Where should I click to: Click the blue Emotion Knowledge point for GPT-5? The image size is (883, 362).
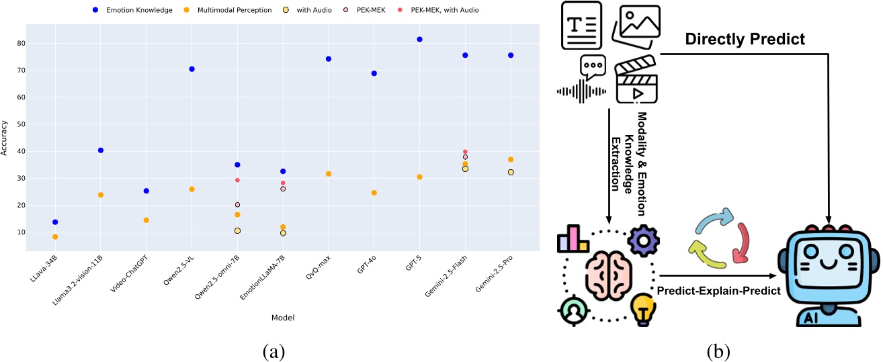click(x=419, y=40)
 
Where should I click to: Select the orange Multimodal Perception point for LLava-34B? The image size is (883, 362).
click(x=55, y=237)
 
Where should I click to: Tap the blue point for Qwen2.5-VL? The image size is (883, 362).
click(x=192, y=69)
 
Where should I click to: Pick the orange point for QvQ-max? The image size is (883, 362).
click(x=329, y=174)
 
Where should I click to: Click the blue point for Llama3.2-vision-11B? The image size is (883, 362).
click(x=101, y=150)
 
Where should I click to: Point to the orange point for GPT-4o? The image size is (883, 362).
click(x=374, y=193)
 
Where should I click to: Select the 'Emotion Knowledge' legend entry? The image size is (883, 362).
click(x=134, y=10)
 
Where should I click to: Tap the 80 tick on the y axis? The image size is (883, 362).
click(x=21, y=43)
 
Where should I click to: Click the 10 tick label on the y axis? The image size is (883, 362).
click(x=21, y=232)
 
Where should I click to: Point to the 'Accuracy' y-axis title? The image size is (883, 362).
click(x=5, y=138)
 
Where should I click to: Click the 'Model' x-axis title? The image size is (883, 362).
click(x=284, y=317)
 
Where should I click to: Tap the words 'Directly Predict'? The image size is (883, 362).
click(x=745, y=39)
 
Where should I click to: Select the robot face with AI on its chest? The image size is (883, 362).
click(x=828, y=274)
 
